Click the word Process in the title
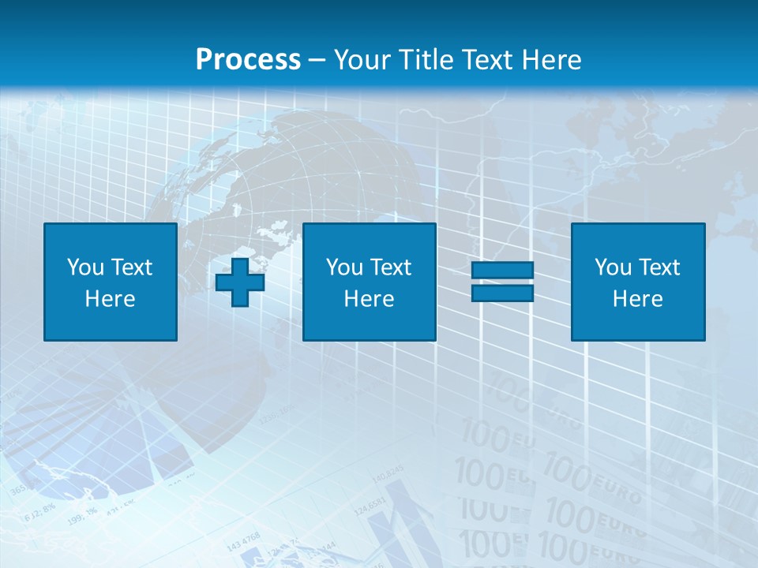(248, 60)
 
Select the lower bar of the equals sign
(503, 293)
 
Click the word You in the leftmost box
(84, 267)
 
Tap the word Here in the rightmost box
(638, 299)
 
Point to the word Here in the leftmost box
(111, 299)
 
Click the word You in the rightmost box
(613, 267)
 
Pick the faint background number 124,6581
(370, 506)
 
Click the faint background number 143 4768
(243, 540)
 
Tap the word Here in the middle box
(370, 299)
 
